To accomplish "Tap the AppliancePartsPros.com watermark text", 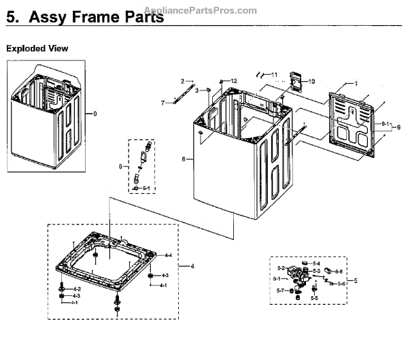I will point(202,10).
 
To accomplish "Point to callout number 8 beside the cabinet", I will point(183,159).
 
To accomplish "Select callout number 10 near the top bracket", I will point(312,82).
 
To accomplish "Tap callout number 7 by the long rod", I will point(163,103).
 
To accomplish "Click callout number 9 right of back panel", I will point(399,127).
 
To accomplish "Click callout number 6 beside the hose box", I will point(120,166).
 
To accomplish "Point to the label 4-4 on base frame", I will point(168,255).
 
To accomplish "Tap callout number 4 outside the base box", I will point(192,265).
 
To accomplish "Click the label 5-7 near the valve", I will point(281,291).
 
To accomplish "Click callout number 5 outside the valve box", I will point(356,280).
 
